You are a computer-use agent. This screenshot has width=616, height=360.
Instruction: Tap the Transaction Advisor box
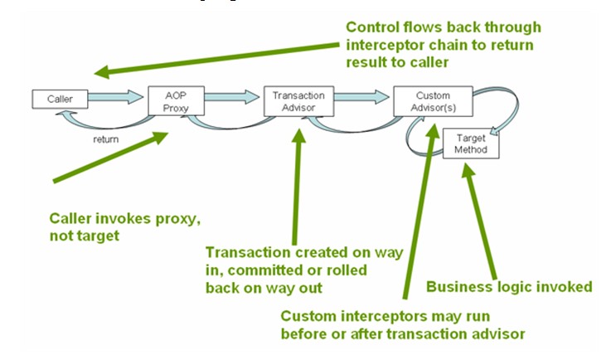[x=298, y=101]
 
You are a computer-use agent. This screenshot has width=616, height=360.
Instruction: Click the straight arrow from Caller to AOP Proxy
[x=115, y=99]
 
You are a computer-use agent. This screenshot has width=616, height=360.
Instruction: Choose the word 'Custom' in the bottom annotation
[x=308, y=315]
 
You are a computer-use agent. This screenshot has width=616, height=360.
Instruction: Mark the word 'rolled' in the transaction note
[x=347, y=271]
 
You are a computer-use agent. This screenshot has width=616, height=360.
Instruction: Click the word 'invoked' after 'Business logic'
[x=565, y=287]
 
